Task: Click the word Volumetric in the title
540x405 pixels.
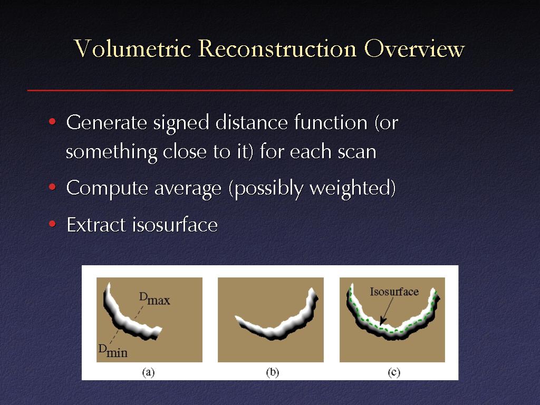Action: pyautogui.click(x=132, y=48)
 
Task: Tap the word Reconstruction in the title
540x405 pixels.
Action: pyautogui.click(x=277, y=48)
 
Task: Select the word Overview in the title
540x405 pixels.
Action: pyautogui.click(x=414, y=48)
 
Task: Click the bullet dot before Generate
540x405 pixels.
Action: pyautogui.click(x=52, y=122)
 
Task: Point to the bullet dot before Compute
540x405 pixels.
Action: pyautogui.click(x=52, y=187)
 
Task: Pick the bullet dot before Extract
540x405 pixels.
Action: pyautogui.click(x=52, y=224)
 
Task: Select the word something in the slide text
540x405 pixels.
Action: pyautogui.click(x=111, y=153)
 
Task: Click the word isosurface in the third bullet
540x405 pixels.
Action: pyautogui.click(x=175, y=225)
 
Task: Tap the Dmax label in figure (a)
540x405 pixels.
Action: pyautogui.click(x=155, y=298)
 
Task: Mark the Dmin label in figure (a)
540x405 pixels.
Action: pyautogui.click(x=113, y=351)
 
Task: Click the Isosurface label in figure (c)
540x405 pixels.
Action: pyautogui.click(x=394, y=292)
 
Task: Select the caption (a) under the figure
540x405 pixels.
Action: pyautogui.click(x=148, y=372)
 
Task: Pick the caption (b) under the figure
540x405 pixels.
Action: pyautogui.click(x=273, y=372)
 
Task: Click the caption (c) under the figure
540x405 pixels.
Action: pyautogui.click(x=394, y=372)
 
